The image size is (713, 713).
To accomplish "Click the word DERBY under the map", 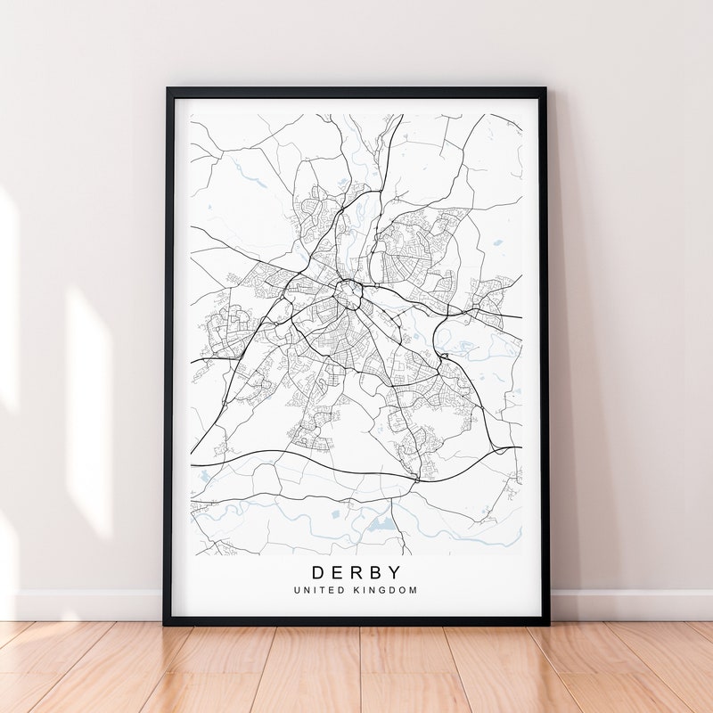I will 356,572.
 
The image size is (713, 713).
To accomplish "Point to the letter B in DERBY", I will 376,572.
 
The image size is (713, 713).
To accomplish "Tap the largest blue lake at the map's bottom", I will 381,523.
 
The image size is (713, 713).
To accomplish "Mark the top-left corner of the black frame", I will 168,89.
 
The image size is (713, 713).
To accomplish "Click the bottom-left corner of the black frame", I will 166,622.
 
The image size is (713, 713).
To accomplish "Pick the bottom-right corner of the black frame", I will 547,622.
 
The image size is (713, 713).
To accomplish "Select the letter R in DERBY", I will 357,572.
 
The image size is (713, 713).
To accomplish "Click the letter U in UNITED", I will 296,590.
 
